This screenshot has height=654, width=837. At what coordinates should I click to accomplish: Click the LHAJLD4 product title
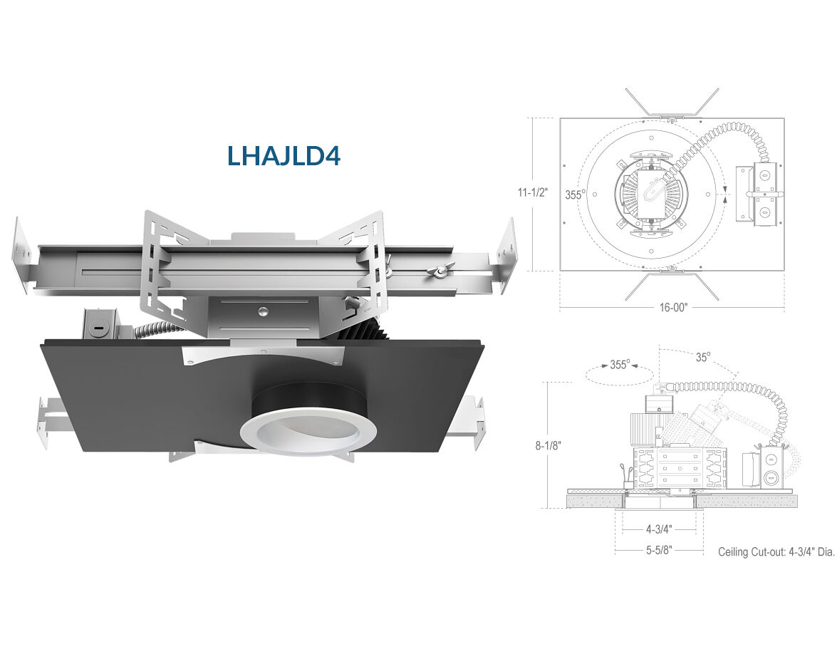click(284, 155)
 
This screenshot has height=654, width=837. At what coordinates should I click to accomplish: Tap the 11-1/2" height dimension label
click(532, 192)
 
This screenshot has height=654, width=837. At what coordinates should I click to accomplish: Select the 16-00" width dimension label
click(673, 307)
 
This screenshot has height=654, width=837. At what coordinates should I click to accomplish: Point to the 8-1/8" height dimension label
click(549, 445)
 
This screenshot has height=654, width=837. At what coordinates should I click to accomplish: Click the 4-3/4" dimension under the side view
click(659, 529)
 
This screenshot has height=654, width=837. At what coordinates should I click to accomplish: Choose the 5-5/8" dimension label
click(659, 549)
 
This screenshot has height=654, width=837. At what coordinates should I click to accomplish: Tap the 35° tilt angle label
click(703, 357)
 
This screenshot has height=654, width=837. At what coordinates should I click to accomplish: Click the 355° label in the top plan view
click(575, 194)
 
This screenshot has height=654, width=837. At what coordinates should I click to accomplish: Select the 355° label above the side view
click(620, 365)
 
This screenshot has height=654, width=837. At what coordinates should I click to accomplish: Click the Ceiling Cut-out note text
click(776, 552)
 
